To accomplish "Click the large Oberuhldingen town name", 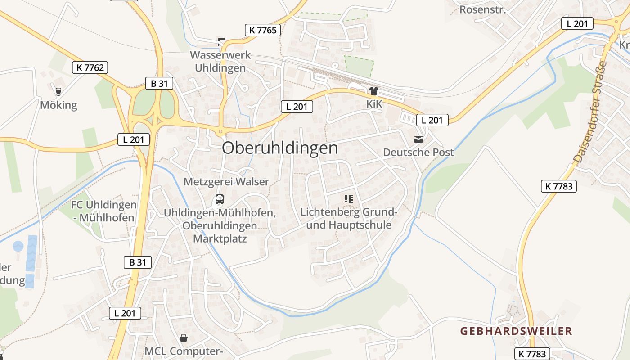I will [279, 148].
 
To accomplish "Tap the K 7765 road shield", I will [262, 30].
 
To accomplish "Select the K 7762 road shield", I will [90, 67].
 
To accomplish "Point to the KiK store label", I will [373, 104].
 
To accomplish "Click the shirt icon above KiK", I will [373, 91].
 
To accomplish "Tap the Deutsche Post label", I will [418, 152].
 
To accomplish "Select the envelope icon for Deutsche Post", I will [418, 139].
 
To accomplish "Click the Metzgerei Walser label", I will [226, 182].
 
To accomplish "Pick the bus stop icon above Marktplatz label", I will [220, 199].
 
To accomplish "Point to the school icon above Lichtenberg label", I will [348, 198].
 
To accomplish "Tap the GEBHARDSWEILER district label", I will [516, 331].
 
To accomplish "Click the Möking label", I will [58, 105].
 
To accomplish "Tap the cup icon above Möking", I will [58, 92].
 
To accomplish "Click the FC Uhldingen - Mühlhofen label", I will [103, 211].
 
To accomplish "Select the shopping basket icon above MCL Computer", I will [184, 337].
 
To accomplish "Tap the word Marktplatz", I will [220, 238].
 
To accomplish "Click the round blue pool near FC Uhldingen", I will [18, 246].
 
